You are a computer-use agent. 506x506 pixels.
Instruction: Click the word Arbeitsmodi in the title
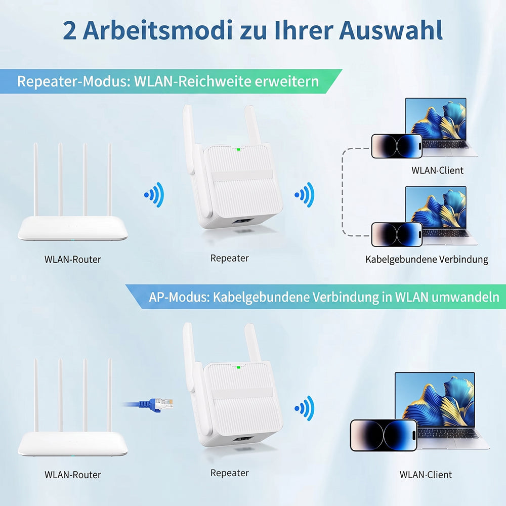tap(158, 30)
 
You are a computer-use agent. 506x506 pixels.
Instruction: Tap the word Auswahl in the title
tap(391, 30)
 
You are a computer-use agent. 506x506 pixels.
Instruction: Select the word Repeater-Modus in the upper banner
tap(74, 81)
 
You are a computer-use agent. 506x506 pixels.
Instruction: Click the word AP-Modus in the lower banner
tap(180, 297)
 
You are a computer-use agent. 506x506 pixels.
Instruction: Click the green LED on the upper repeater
tap(238, 149)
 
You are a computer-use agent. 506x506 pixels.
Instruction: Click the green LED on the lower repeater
tap(238, 367)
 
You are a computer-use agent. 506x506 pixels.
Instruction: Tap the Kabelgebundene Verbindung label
tap(427, 260)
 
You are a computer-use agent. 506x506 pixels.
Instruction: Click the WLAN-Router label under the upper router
tap(72, 260)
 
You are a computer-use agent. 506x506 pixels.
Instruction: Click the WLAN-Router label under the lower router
tap(72, 475)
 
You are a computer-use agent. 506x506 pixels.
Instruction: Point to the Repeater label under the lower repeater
tap(229, 473)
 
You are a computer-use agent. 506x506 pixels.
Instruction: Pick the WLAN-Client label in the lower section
tap(426, 475)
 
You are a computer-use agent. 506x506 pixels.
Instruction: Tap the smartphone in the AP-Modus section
tap(384, 435)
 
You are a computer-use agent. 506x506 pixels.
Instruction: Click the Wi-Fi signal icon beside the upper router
tap(154, 195)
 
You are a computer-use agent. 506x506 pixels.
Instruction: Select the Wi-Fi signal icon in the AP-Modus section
tap(304, 408)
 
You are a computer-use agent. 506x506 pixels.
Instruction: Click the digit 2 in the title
tap(69, 31)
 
